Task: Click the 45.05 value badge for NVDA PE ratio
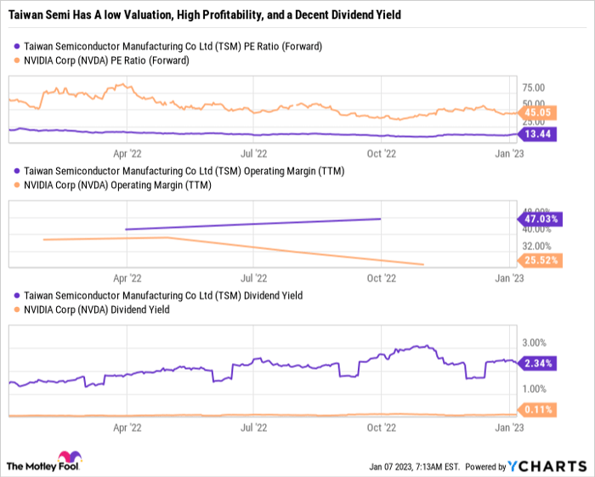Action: coord(537,111)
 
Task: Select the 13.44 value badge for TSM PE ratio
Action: coord(537,133)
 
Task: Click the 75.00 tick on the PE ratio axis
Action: coord(534,88)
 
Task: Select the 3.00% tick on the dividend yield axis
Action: coord(534,343)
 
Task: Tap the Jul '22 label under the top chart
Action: coord(254,154)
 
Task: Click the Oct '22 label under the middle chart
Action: coord(382,278)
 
